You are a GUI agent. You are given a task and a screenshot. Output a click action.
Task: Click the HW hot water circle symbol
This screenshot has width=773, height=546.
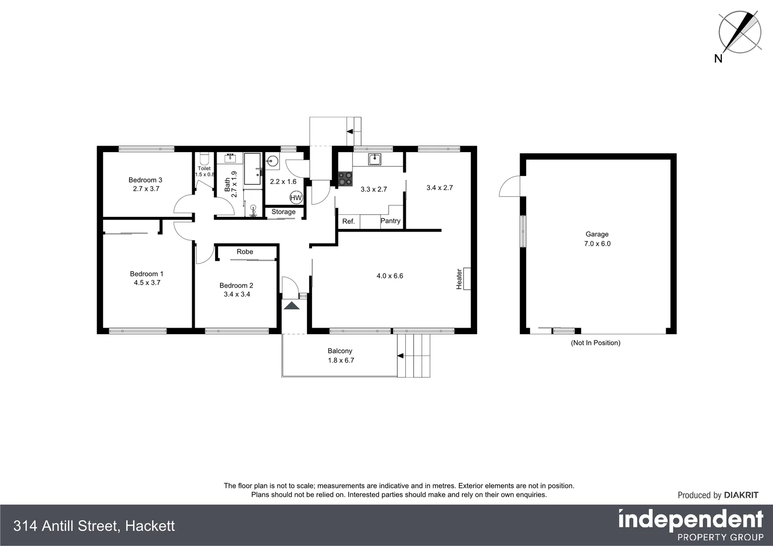pyautogui.click(x=296, y=198)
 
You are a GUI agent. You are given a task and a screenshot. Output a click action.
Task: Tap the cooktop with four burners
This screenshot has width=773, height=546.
pyautogui.click(x=346, y=179)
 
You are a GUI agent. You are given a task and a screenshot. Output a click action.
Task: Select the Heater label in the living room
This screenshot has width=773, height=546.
pyautogui.click(x=459, y=279)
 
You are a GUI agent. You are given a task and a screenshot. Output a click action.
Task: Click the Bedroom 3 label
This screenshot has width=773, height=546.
pyautogui.click(x=145, y=180)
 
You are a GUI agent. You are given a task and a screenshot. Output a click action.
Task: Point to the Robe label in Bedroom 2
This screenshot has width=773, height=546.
pyautogui.click(x=245, y=252)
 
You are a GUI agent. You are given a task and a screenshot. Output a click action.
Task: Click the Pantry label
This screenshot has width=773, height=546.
pyautogui.click(x=391, y=221)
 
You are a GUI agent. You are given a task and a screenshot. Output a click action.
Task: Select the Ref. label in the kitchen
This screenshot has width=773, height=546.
pyautogui.click(x=349, y=221)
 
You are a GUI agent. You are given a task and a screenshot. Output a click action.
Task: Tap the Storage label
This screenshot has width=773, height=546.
pyautogui.click(x=283, y=212)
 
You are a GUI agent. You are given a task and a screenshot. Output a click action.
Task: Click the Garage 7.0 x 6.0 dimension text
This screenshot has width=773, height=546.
pyautogui.click(x=597, y=244)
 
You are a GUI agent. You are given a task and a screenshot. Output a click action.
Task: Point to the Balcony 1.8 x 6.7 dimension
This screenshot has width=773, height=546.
pyautogui.click(x=341, y=360)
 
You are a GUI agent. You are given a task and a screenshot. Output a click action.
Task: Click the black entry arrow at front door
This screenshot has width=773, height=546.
pyautogui.click(x=291, y=305)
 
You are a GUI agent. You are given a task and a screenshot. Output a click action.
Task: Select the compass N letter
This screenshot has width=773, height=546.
pyautogui.click(x=718, y=59)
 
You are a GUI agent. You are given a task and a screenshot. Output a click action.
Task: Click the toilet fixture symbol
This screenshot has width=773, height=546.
pyautogui.click(x=204, y=158)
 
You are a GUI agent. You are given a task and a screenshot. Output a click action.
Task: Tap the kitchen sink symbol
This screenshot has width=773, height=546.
pyautogui.click(x=374, y=159)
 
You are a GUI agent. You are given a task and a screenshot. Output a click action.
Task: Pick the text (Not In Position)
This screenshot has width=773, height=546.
pyautogui.click(x=595, y=343)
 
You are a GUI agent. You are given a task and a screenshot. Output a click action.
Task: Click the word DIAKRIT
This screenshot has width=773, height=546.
pyautogui.click(x=741, y=495)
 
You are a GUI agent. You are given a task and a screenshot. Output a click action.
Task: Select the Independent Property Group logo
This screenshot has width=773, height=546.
pyautogui.click(x=691, y=525)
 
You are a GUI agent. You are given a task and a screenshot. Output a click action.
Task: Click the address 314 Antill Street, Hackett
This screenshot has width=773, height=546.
pyautogui.click(x=94, y=526)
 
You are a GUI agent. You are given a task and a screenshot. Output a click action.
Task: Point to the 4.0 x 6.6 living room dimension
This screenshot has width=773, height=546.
pyautogui.click(x=390, y=276)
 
